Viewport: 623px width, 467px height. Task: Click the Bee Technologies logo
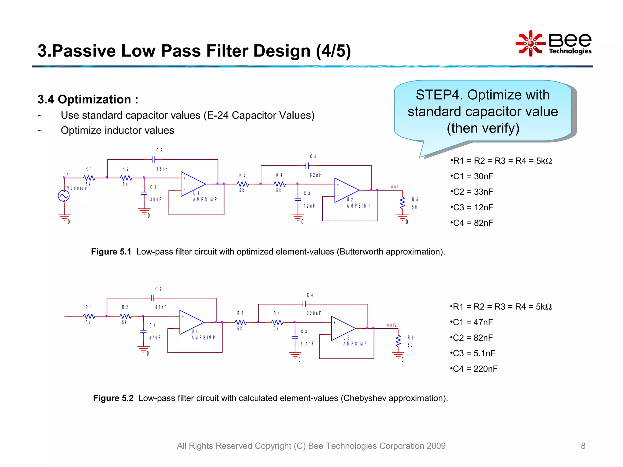(554, 43)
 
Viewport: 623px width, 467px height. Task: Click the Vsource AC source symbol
(64, 196)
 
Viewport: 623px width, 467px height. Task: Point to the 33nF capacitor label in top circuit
(162, 169)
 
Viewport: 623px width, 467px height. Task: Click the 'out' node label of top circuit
(395, 187)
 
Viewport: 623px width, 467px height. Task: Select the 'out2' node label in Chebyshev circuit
(392, 325)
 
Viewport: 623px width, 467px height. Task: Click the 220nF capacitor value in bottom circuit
(314, 313)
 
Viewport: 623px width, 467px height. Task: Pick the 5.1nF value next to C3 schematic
(307, 344)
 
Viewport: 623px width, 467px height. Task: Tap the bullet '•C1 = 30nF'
(472, 176)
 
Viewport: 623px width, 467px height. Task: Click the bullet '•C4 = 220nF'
(474, 369)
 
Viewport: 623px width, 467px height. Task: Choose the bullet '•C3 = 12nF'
(472, 207)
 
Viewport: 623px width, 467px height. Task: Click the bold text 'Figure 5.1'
(111, 252)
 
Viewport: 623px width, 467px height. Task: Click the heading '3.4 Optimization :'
(88, 99)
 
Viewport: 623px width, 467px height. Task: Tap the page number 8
(583, 446)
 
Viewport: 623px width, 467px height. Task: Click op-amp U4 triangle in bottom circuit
(191, 322)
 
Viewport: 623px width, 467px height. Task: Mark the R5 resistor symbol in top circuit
(402, 203)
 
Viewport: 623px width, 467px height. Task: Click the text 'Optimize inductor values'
(117, 130)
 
